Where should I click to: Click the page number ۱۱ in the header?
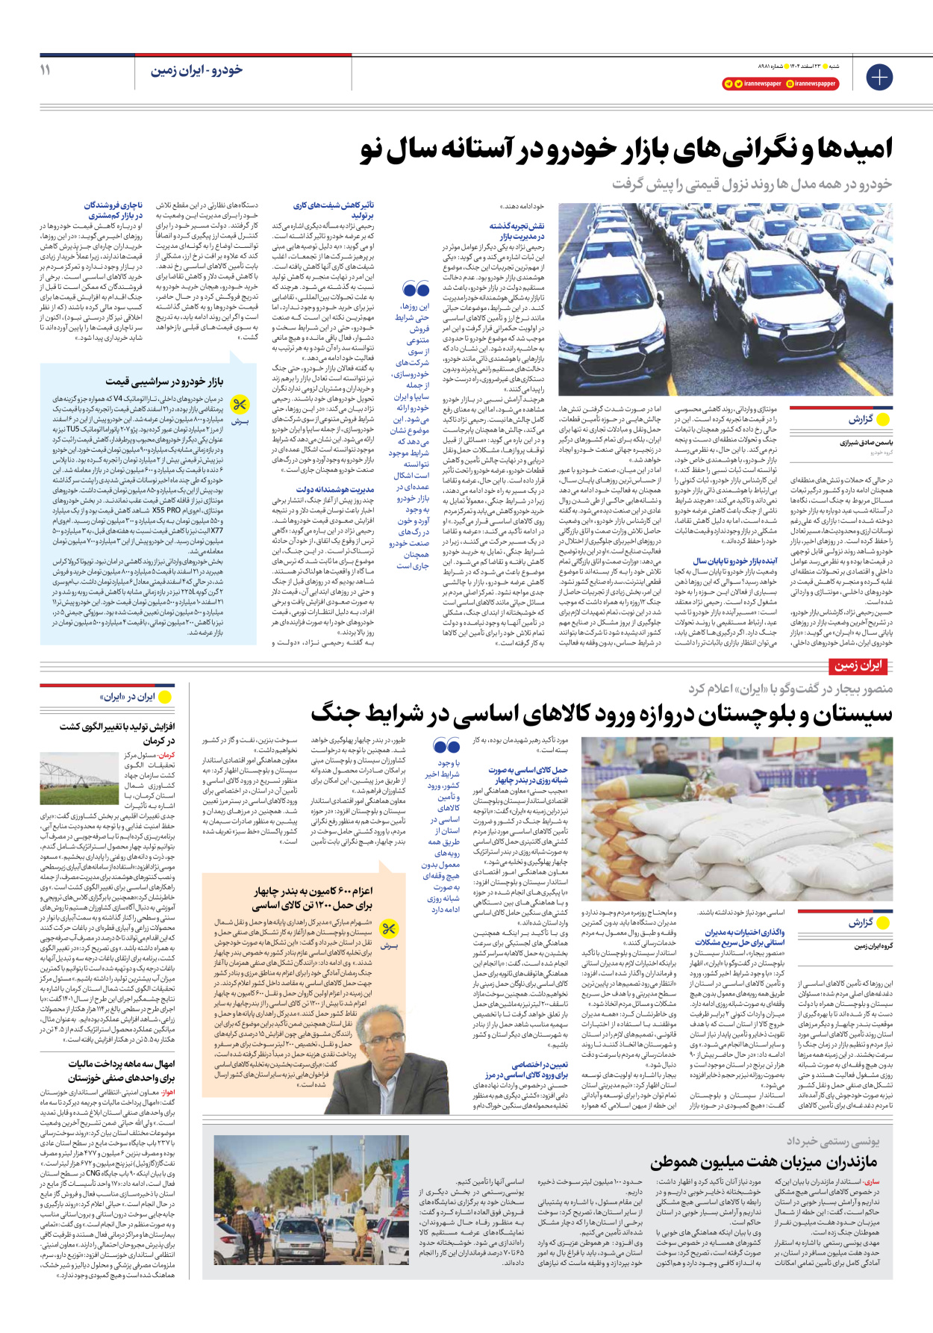click(46, 70)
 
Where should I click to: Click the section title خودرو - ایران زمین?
click(196, 70)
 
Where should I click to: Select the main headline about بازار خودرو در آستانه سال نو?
click(626, 149)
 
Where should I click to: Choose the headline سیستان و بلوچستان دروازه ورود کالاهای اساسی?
click(601, 714)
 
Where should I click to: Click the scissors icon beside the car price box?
click(240, 406)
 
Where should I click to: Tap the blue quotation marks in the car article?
click(416, 289)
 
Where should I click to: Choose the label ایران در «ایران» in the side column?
click(128, 697)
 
